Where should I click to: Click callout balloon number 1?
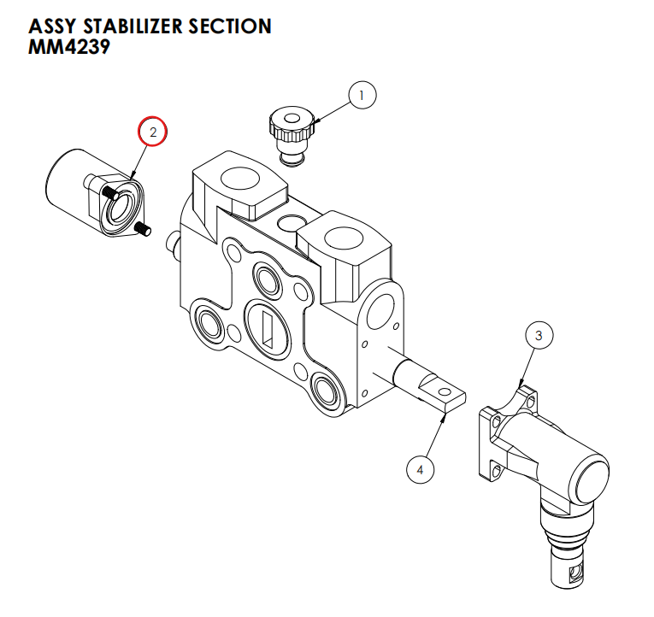pyautogui.click(x=361, y=96)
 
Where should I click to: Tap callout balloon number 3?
pyautogui.click(x=539, y=336)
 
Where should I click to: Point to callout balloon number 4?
pyautogui.click(x=420, y=468)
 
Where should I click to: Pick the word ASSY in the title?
pyautogui.click(x=51, y=26)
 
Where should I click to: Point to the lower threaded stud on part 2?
pyautogui.click(x=144, y=228)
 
